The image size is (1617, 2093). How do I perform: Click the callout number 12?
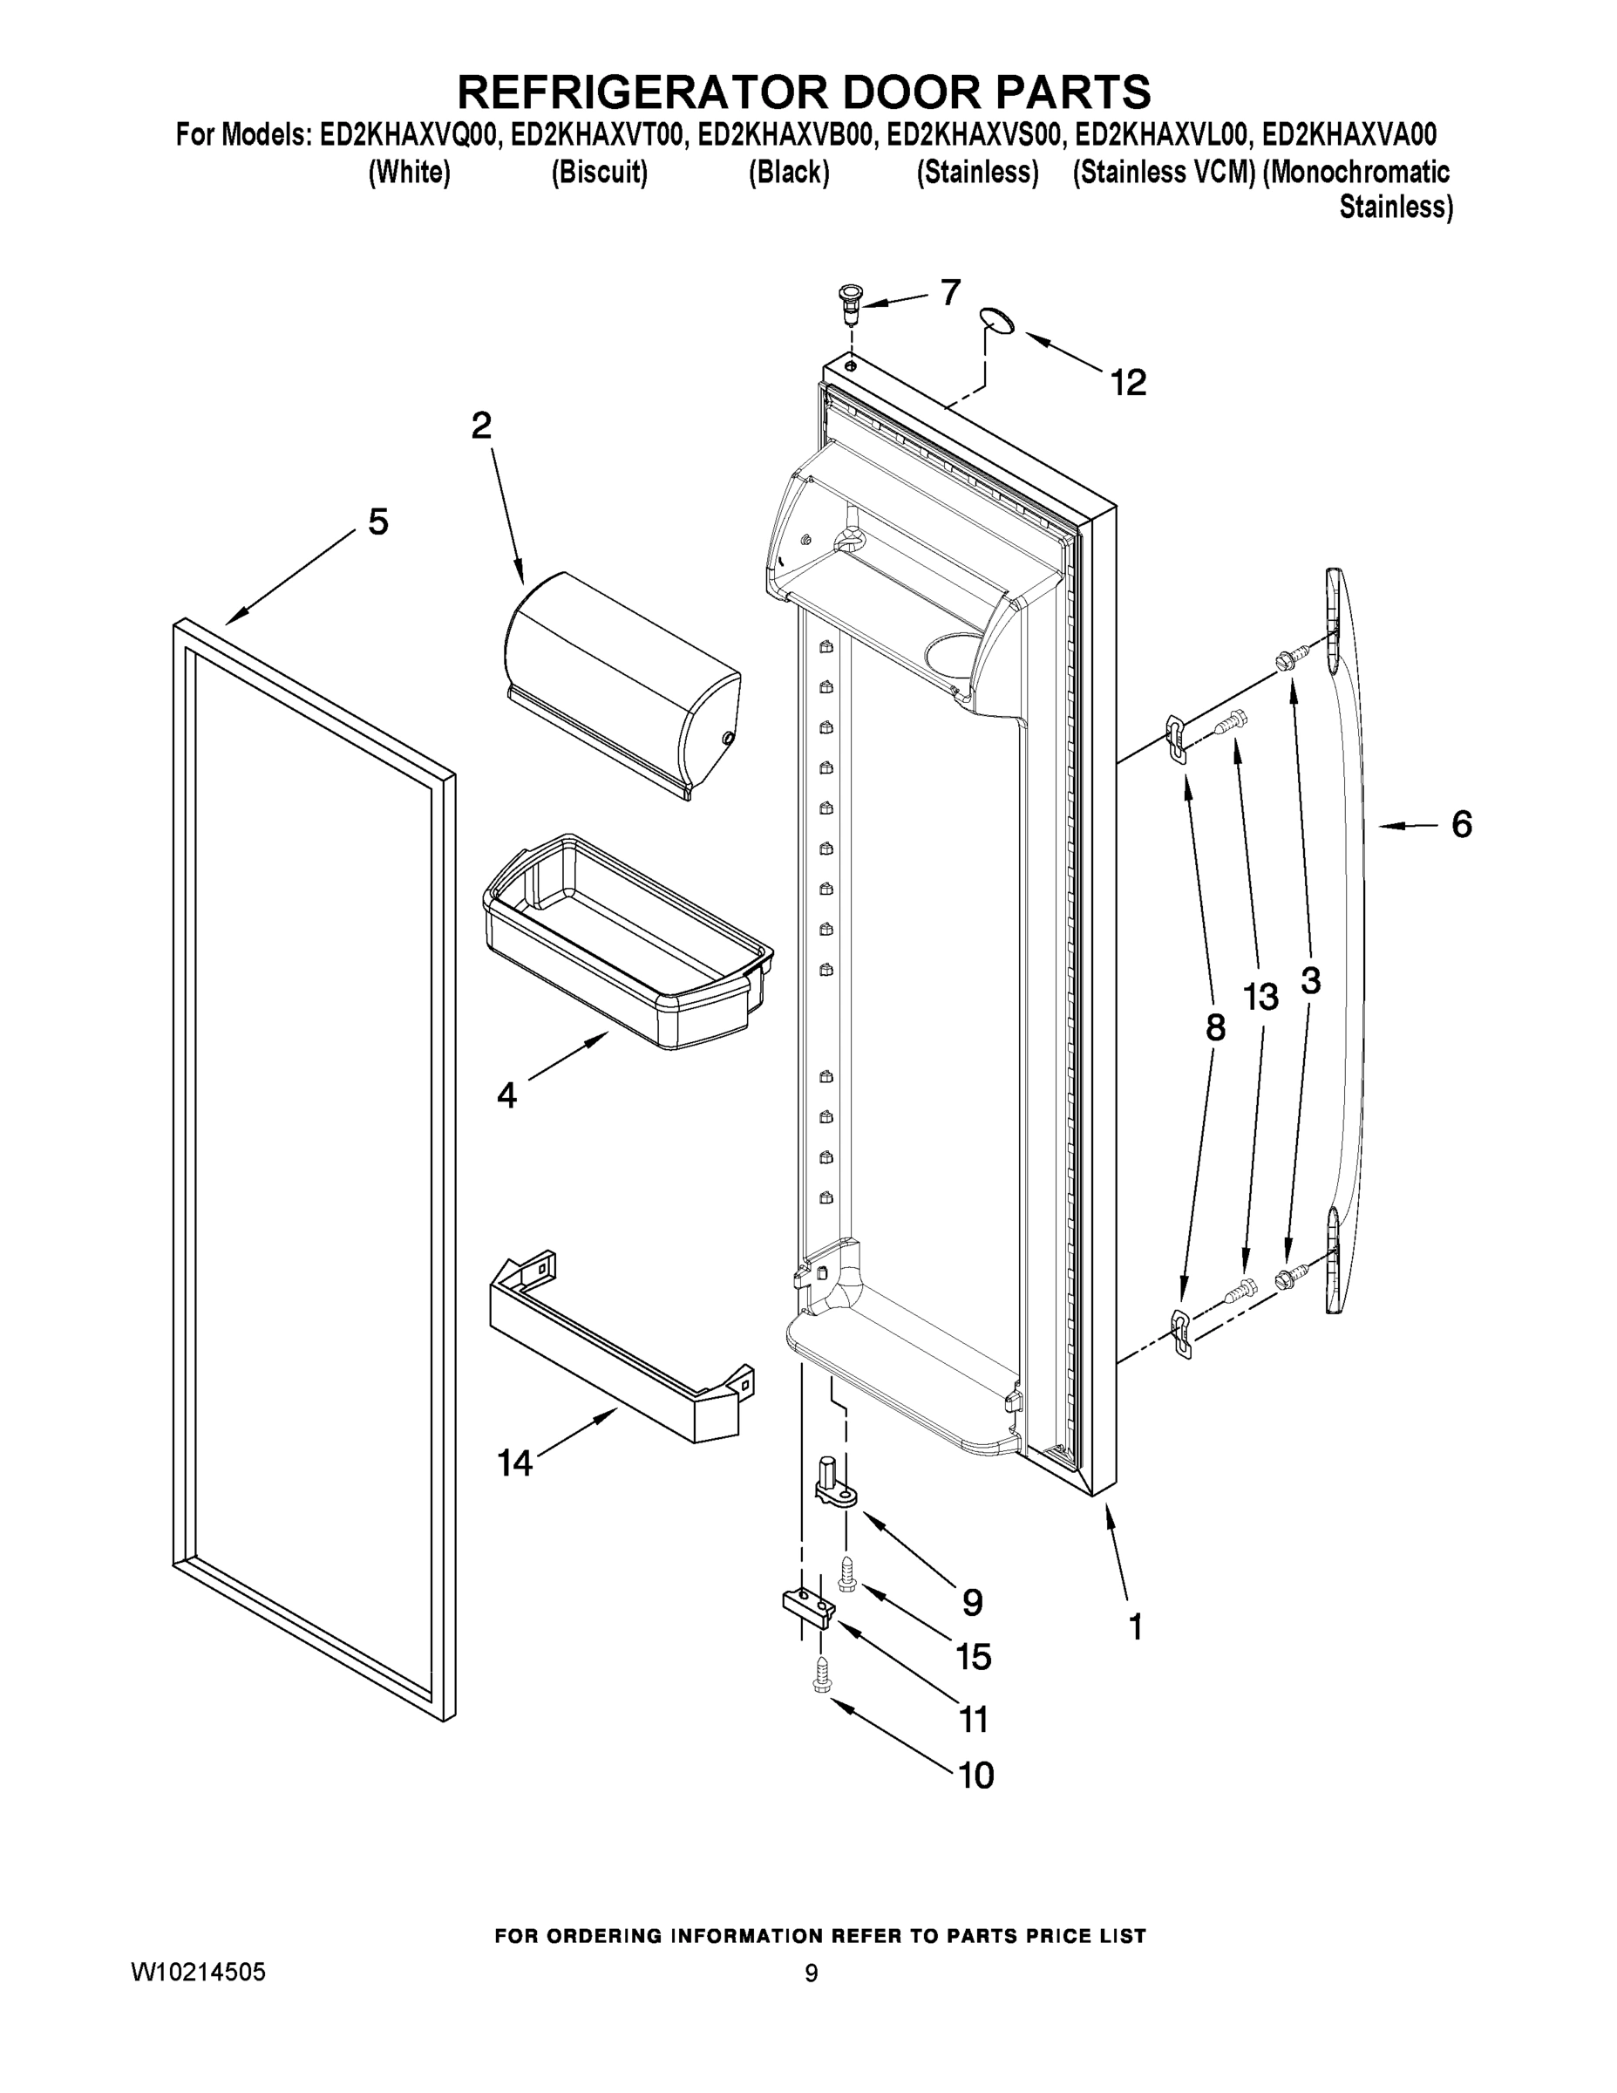point(1129,384)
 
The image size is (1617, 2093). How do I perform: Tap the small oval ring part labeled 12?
point(997,321)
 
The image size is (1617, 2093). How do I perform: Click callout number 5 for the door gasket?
point(378,522)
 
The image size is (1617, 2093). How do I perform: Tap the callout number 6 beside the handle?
point(1461,824)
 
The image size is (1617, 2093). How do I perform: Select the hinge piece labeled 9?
point(834,1484)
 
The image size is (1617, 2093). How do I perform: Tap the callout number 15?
point(975,1656)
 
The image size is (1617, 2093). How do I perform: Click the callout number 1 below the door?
point(1135,1626)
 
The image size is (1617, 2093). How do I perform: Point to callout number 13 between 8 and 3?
point(1260,998)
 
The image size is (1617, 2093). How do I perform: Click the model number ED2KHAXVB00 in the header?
point(785,135)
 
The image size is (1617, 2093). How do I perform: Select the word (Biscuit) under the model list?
point(600,173)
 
